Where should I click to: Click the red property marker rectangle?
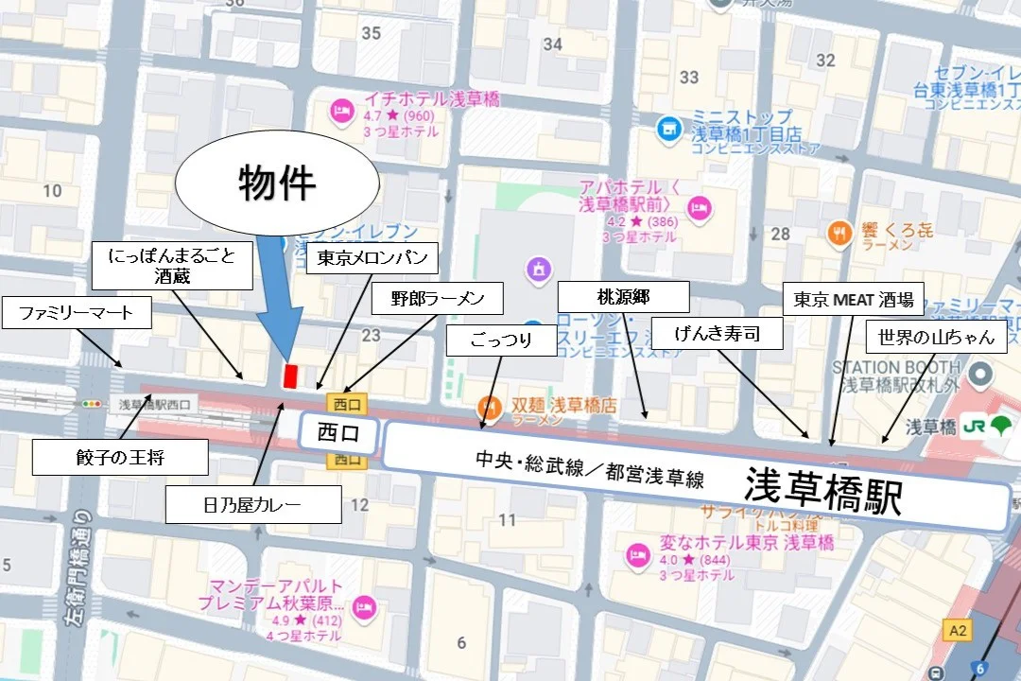290,375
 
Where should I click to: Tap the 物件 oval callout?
276,183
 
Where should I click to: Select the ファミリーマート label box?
77,312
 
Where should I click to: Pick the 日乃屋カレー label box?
252,504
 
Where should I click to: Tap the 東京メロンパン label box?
372,258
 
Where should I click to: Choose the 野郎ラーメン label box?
438,300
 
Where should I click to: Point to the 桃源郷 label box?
622,296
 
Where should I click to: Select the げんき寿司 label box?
718,333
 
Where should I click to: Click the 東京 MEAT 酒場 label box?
854,301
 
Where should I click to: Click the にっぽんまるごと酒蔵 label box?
172,265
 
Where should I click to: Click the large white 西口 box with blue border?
339,434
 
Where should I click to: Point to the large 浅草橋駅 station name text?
822,494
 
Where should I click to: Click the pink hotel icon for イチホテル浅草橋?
338,113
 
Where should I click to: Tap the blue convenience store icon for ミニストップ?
668,126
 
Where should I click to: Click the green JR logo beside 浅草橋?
985,427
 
